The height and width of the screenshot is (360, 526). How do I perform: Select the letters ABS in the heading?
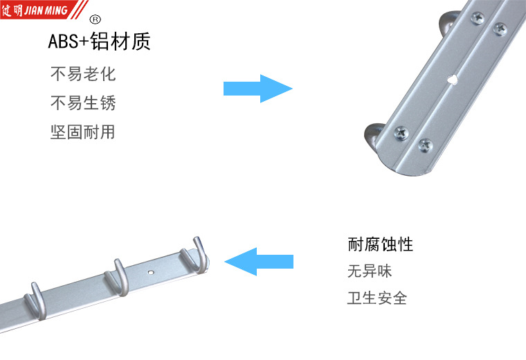[60, 42]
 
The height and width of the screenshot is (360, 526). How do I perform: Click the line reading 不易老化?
[82, 74]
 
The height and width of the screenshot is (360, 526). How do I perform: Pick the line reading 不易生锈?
[82, 104]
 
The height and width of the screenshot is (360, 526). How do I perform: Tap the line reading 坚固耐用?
[82, 132]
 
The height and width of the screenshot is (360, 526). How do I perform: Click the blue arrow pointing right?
[257, 89]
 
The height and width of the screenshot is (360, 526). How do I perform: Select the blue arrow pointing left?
[260, 262]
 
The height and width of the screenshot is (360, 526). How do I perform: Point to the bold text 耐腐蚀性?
[380, 244]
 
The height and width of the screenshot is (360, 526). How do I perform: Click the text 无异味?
[370, 271]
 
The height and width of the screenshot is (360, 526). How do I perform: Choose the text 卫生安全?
[377, 298]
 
